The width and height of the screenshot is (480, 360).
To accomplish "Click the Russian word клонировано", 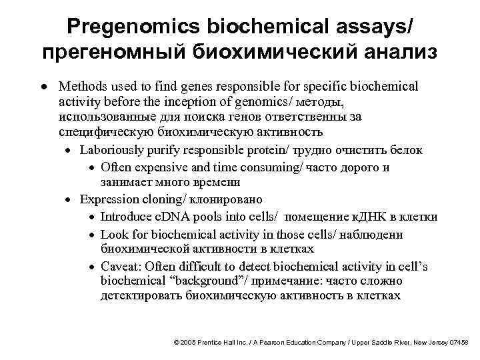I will pyautogui.click(x=227, y=199).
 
